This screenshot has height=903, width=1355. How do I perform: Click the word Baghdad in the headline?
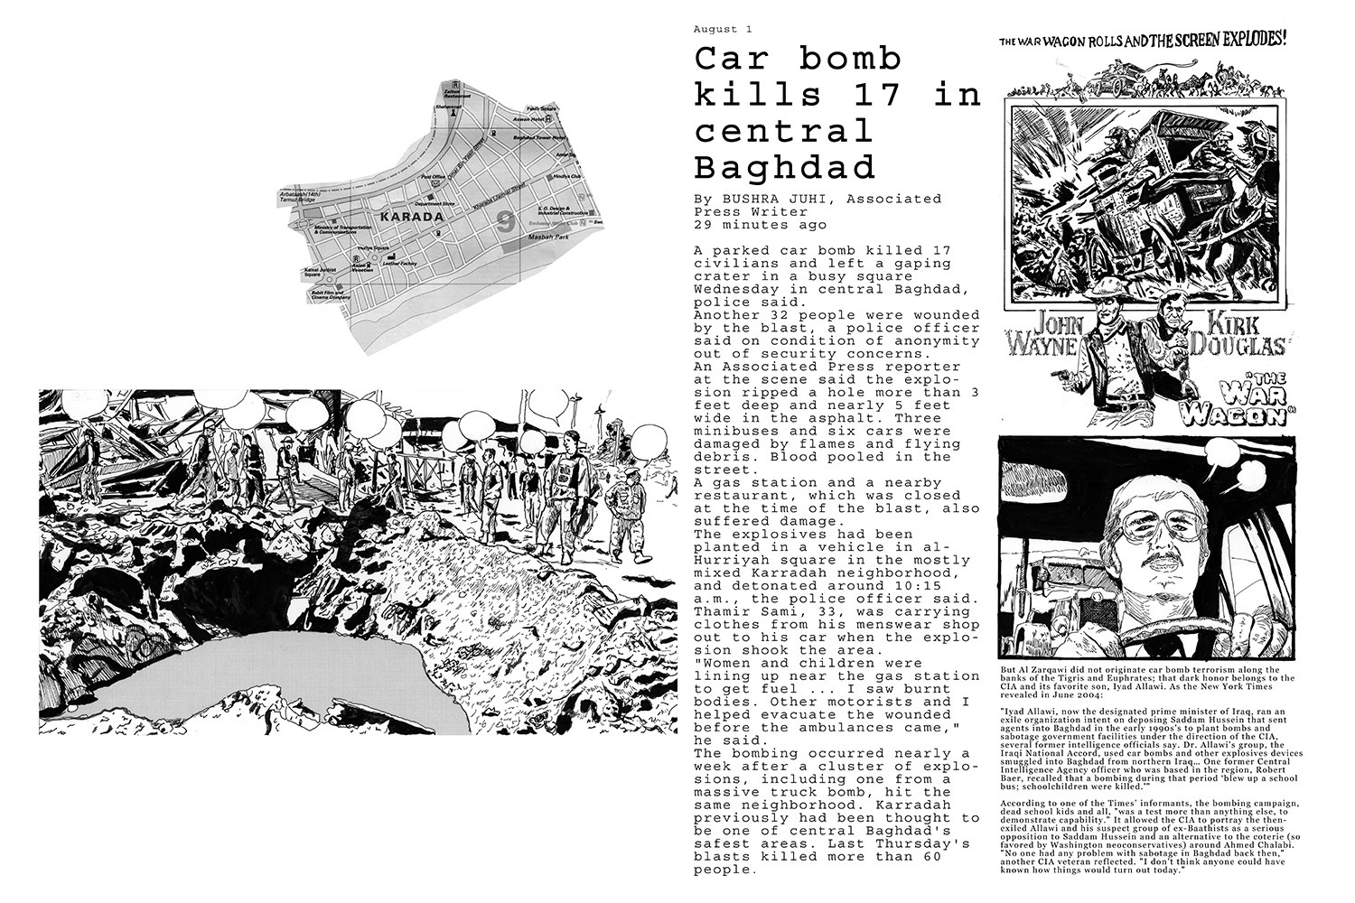[x=785, y=167]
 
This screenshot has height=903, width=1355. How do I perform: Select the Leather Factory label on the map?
[x=404, y=264]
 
